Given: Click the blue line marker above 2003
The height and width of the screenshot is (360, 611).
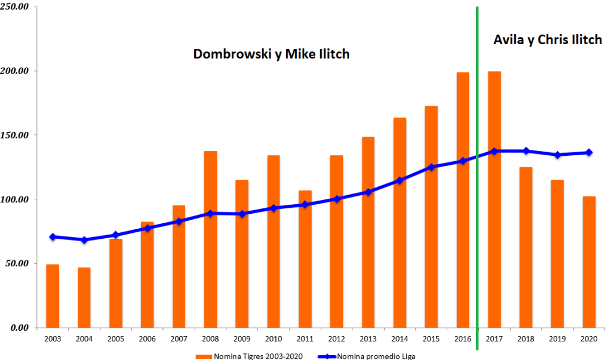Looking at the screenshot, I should coord(53,237).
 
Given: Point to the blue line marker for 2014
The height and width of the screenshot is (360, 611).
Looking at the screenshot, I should coord(400,180).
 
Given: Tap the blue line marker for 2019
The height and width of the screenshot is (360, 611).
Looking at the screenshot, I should coord(557,155).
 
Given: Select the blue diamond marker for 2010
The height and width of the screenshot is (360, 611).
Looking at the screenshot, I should coord(274,208).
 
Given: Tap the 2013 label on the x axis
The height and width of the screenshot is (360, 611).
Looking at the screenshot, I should coord(368,339).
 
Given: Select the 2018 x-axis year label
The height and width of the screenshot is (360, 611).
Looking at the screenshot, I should coord(526,339).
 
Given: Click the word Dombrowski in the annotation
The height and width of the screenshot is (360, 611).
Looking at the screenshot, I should coord(232,54).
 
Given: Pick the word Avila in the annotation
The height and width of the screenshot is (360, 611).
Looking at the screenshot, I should coord(508,40).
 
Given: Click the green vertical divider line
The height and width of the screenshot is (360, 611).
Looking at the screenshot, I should coord(477,179).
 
